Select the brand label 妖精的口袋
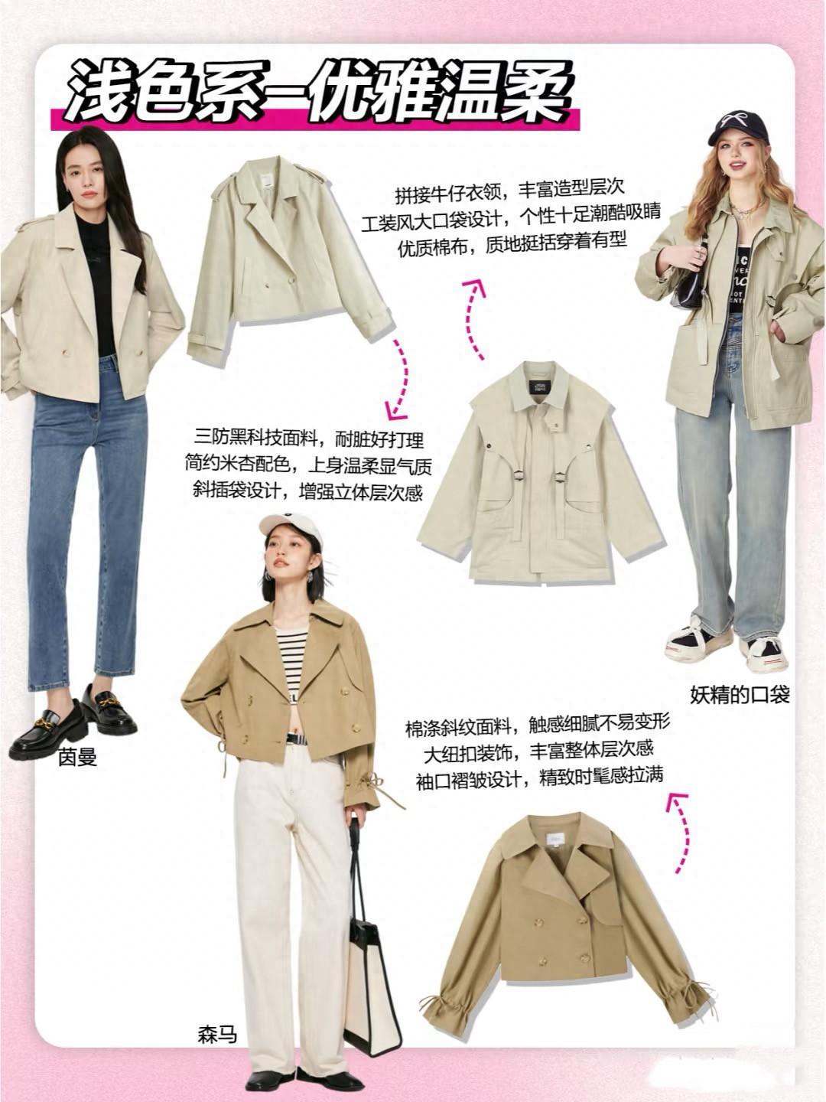pos(740,695)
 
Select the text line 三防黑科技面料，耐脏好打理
pos(309,439)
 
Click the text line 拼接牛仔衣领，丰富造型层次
pos(509,192)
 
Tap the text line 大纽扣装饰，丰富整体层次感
pos(538,749)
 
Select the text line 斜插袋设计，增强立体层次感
pos(307,491)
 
